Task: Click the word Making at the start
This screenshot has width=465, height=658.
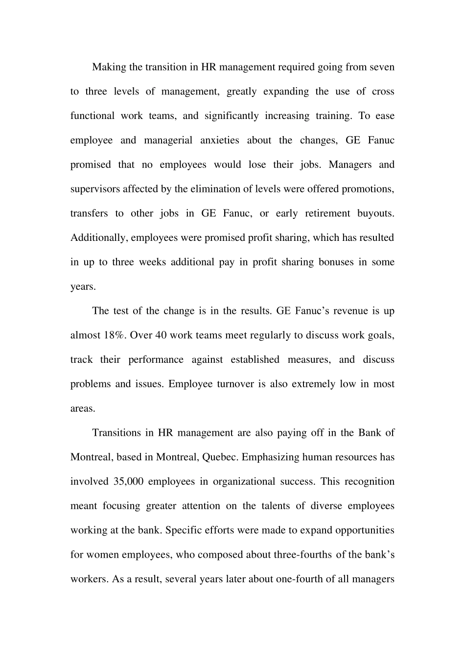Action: (x=109, y=67)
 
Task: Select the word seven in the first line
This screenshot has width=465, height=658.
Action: (x=381, y=67)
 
